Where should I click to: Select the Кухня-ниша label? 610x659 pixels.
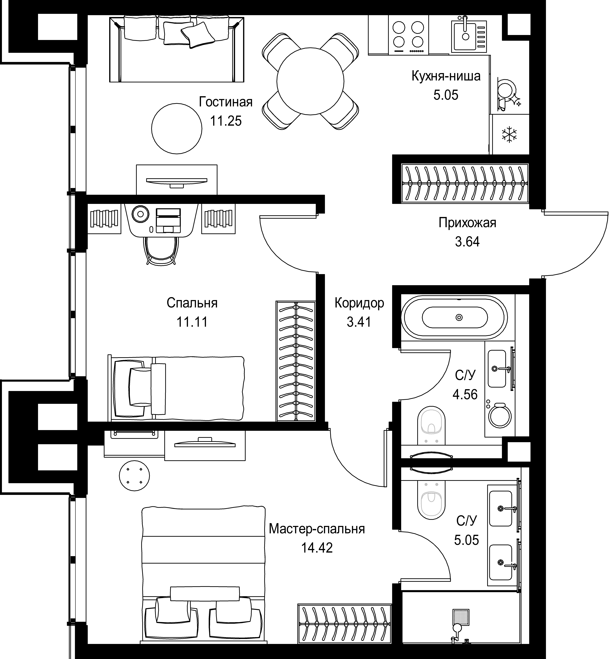coord(446,76)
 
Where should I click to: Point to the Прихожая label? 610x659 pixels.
coord(467,223)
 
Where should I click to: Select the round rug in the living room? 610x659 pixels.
coord(177,129)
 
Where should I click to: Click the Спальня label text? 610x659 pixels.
coord(192,303)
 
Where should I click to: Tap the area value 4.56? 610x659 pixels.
coord(465,394)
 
